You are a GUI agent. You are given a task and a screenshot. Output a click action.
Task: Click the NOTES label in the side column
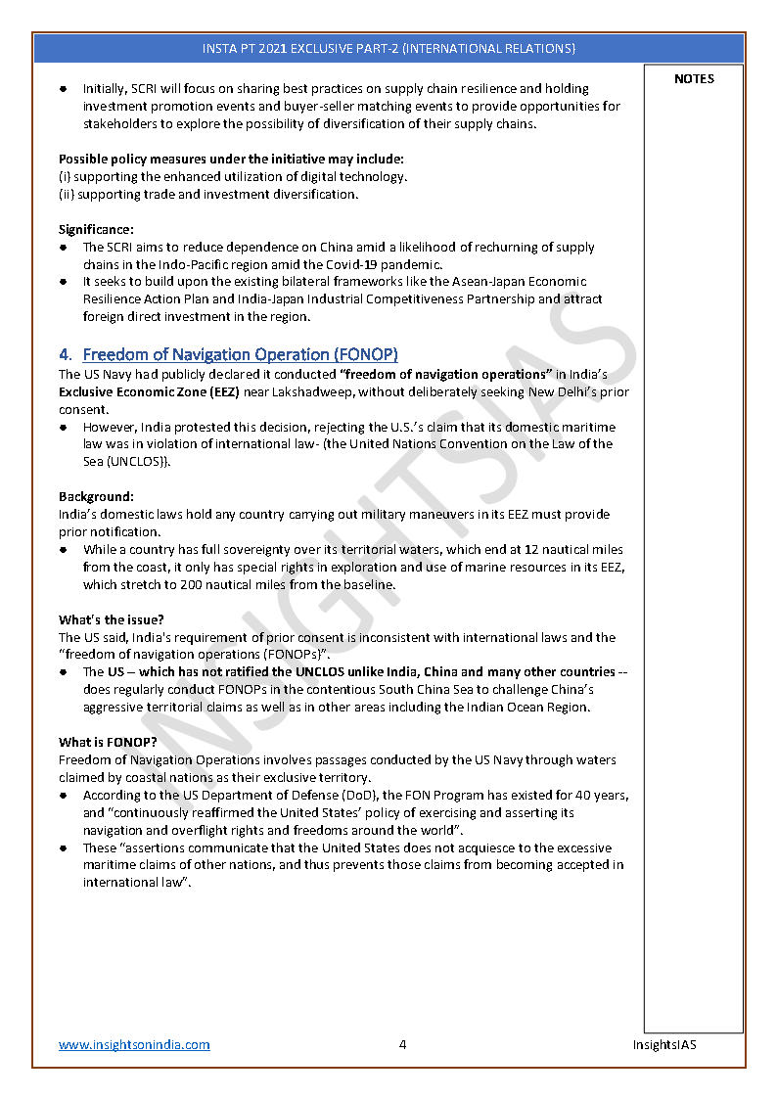tap(694, 78)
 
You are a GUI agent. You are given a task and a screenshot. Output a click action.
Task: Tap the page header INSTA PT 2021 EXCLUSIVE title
tap(388, 48)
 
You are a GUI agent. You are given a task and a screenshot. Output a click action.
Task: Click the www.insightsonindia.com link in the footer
tap(134, 1044)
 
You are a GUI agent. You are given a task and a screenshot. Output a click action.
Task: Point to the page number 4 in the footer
tap(402, 1044)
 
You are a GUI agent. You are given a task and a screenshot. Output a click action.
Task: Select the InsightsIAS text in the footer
tap(663, 1044)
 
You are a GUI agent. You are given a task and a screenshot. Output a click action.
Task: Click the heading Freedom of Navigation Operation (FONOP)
tap(240, 354)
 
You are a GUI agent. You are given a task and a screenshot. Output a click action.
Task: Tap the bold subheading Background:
tap(96, 497)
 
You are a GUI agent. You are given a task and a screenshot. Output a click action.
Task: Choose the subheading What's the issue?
tap(111, 619)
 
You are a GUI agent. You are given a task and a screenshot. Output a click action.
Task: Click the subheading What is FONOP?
tap(109, 742)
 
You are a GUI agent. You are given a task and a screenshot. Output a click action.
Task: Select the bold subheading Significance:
tap(96, 229)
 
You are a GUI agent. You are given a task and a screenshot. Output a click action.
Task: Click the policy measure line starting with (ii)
tap(208, 194)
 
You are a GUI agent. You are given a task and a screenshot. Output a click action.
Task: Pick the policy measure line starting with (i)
tap(233, 176)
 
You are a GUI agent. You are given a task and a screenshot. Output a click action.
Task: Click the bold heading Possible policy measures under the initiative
tap(231, 159)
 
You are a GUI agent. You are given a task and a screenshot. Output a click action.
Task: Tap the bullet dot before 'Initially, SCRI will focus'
tap(64, 89)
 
